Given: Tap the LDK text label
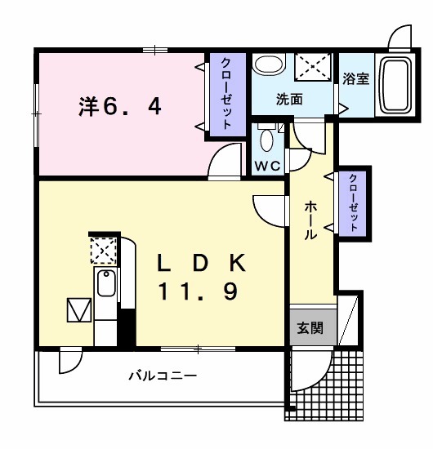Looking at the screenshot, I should click(201, 263).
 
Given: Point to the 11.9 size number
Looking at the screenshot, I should click(201, 291).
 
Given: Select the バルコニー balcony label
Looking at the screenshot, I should click(162, 376).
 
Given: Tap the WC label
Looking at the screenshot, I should click(267, 165).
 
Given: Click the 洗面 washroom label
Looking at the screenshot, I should click(289, 100).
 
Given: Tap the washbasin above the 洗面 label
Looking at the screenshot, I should click(266, 65).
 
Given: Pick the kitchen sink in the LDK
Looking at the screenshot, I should click(106, 284).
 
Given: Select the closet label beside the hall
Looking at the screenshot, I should click(354, 202).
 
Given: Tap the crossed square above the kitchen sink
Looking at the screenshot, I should click(104, 249).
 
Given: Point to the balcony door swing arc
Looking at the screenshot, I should click(69, 362).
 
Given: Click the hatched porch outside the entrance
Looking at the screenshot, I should click(343, 384).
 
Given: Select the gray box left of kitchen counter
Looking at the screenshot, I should click(80, 310).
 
